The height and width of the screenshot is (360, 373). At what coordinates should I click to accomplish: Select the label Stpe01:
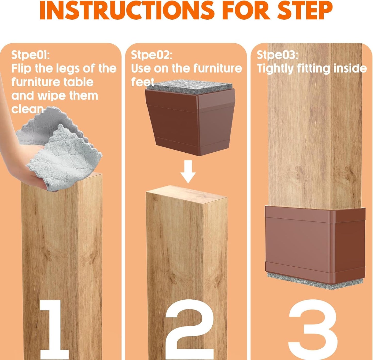point(30,55)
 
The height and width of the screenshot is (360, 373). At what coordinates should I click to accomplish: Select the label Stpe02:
point(151,55)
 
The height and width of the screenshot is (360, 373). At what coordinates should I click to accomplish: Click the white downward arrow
point(188,171)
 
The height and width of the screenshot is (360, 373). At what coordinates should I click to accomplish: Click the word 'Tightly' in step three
point(275,69)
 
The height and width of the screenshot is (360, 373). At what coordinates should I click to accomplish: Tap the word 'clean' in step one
point(27,109)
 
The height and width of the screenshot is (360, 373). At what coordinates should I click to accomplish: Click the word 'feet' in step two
point(142,82)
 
